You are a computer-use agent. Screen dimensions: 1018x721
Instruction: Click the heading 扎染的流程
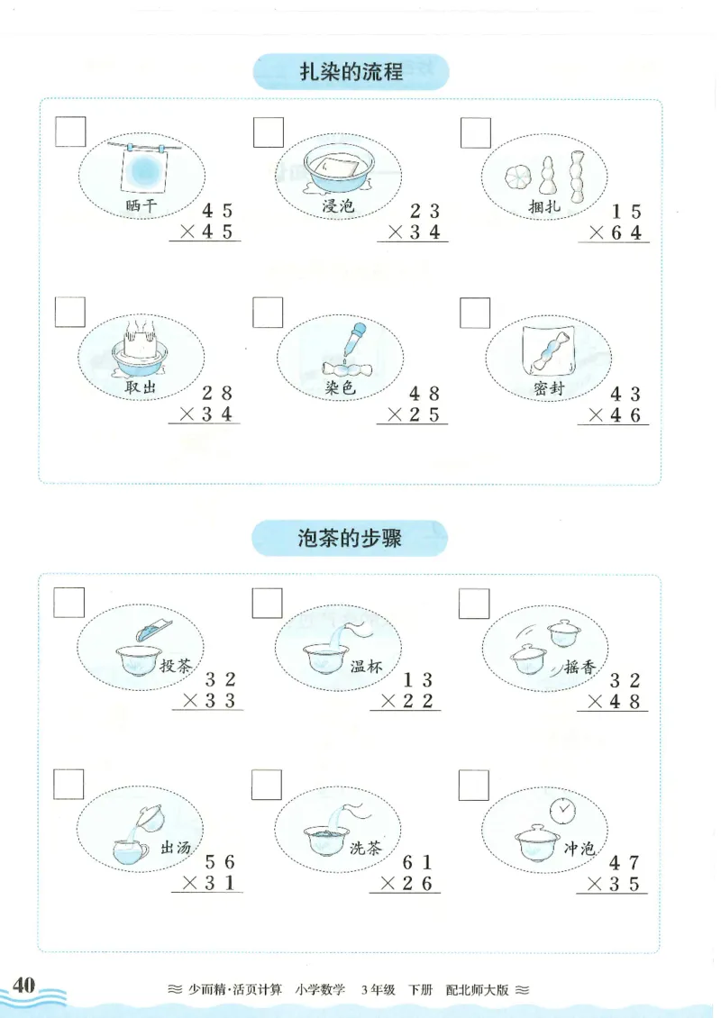(x=351, y=71)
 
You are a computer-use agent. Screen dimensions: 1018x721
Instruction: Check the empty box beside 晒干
(x=70, y=132)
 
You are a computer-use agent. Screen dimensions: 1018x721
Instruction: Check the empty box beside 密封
(x=475, y=313)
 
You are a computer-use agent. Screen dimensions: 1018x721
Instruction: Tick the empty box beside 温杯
(x=267, y=604)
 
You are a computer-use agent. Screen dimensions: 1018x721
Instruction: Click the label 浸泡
(x=339, y=206)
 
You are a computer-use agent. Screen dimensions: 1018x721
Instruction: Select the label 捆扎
(x=544, y=207)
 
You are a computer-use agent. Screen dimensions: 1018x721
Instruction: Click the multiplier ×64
(x=617, y=233)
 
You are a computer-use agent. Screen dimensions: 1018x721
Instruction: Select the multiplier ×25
(x=415, y=415)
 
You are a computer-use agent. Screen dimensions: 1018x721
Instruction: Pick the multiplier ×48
(x=616, y=702)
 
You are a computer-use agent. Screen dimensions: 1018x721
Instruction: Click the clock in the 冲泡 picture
(x=563, y=809)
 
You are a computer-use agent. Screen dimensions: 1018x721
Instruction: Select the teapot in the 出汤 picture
(x=151, y=817)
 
